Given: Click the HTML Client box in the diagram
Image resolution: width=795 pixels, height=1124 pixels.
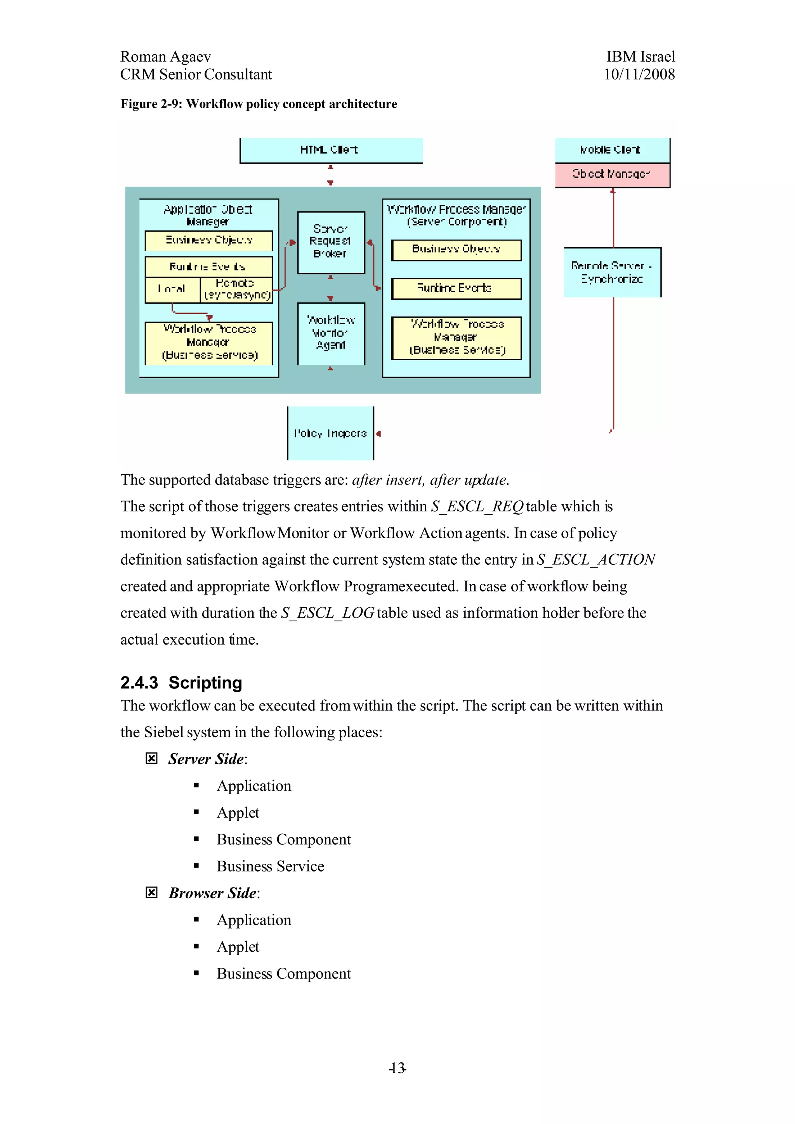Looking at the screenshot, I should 331,150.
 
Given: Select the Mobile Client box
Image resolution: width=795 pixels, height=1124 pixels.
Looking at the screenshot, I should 612,150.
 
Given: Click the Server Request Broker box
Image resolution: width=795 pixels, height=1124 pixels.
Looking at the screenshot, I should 331,242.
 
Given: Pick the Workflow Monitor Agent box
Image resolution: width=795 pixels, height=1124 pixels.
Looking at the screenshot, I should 331,333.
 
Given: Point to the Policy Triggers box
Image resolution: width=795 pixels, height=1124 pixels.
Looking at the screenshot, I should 330,433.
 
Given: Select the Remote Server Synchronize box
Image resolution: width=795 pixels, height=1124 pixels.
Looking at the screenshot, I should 612,272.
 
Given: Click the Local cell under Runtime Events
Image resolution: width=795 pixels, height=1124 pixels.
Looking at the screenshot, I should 172,289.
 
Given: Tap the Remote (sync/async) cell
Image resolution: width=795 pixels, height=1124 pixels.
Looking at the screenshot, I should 236,289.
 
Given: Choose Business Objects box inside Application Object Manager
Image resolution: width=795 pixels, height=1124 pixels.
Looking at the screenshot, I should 209,240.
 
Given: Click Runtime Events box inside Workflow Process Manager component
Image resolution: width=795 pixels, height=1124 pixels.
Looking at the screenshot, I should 456,288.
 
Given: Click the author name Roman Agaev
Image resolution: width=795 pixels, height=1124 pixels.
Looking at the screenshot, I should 166,57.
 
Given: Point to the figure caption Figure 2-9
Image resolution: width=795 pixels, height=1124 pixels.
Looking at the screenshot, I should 259,104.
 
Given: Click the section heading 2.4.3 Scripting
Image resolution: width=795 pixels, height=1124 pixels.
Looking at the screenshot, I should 181,683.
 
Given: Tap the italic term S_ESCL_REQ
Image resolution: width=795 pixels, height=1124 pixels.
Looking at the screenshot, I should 477,506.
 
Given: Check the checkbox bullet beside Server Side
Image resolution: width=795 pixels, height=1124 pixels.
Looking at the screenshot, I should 151,758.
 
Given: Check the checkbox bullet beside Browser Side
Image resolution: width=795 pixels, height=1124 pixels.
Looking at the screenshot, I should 151,892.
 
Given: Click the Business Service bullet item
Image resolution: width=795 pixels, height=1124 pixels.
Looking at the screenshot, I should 271,866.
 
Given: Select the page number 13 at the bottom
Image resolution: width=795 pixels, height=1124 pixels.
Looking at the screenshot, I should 397,1068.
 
